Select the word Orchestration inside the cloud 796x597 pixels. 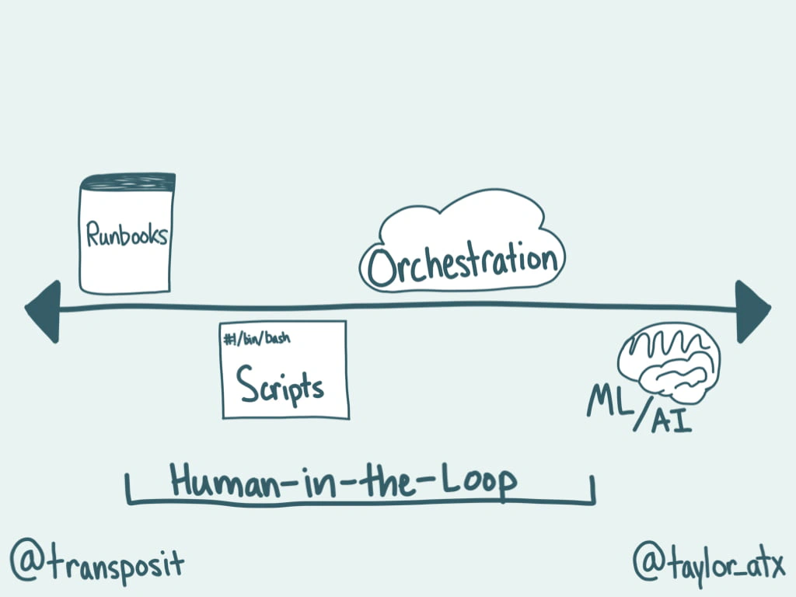[x=464, y=264]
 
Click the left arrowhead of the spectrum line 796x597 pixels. [x=44, y=310]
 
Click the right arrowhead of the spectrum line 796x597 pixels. [x=752, y=310]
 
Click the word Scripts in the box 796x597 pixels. [x=281, y=384]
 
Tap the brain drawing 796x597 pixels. [x=669, y=362]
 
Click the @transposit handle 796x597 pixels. [x=97, y=563]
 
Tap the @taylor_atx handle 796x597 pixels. [x=708, y=561]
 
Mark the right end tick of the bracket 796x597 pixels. [x=593, y=491]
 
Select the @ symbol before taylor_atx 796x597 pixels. [x=648, y=562]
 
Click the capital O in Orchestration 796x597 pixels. [x=383, y=268]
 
